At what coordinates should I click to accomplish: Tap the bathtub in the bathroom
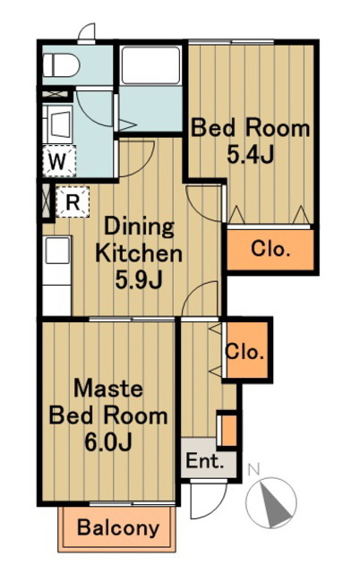pos(150,65)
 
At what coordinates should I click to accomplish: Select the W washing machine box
pos(59,161)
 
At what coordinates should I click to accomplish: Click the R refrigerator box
pos(73,201)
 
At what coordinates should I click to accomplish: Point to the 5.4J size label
pos(250,155)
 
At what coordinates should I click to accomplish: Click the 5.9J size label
pos(139,280)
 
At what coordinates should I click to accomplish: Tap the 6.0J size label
pos(108,442)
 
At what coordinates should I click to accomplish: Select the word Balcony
pos(118,527)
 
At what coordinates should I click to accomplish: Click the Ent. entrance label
pos(204,461)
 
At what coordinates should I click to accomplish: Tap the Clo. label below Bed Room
pos(270,249)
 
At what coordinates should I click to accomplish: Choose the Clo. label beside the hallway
pos(244,352)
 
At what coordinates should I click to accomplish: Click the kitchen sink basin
pos(57,250)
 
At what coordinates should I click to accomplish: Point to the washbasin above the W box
pos(58,125)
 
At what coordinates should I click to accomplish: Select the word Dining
pos(139,227)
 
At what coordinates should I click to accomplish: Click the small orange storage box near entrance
pos(228,430)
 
